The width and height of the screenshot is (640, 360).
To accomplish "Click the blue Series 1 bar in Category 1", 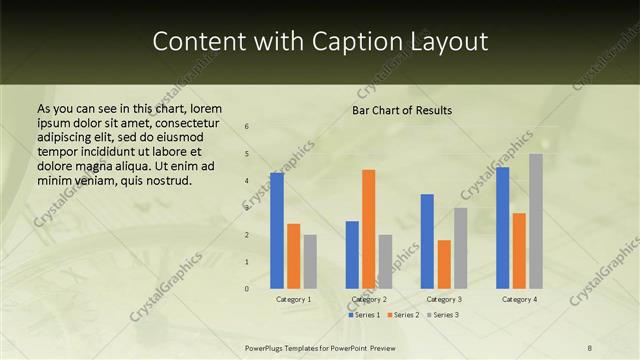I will [x=276, y=231].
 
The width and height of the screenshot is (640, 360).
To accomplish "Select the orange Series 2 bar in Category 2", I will [x=369, y=229].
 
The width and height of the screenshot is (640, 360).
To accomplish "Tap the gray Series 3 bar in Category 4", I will [x=536, y=221].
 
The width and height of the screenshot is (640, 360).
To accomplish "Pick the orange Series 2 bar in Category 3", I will [x=444, y=264].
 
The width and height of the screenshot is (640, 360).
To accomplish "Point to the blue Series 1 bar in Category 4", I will [x=502, y=228].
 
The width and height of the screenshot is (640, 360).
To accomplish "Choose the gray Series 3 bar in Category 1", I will [x=310, y=262].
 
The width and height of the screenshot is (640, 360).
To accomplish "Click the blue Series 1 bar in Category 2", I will [x=352, y=255].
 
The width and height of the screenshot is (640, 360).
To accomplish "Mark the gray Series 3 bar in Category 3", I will [x=461, y=248].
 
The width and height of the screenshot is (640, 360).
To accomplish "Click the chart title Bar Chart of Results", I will [x=402, y=110].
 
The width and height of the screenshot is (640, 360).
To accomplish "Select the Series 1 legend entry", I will [x=364, y=315].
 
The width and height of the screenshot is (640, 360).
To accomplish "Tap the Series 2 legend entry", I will [x=403, y=315].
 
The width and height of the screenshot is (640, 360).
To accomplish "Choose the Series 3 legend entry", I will [x=442, y=315].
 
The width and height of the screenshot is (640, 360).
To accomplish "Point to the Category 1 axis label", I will [x=293, y=299].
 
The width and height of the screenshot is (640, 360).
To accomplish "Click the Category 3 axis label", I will [x=444, y=299].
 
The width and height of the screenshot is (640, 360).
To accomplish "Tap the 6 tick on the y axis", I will [x=246, y=127].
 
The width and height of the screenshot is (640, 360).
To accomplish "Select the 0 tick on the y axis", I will [x=246, y=289].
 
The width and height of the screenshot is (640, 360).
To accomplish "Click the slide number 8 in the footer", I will [x=590, y=347].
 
